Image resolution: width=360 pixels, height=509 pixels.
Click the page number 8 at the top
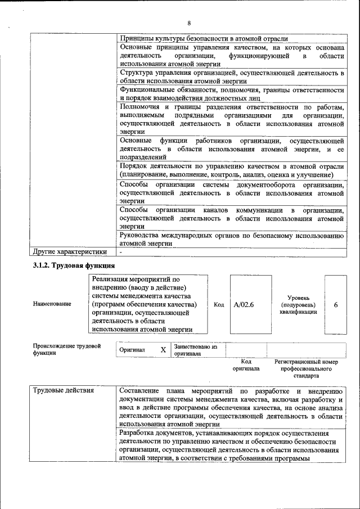click(x=189, y=23)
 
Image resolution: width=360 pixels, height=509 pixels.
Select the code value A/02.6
click(x=244, y=304)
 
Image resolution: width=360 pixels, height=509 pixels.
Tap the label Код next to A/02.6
click(x=219, y=304)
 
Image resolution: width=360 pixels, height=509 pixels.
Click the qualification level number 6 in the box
click(x=336, y=304)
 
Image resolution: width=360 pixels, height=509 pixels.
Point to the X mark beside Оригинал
click(x=163, y=350)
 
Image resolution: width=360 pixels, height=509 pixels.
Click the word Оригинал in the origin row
click(x=132, y=350)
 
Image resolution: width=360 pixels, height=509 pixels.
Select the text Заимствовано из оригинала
click(x=195, y=350)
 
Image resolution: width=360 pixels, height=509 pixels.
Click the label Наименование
click(x=52, y=304)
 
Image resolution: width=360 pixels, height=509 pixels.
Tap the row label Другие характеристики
click(x=69, y=251)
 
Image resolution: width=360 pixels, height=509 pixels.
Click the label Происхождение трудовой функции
click(x=66, y=349)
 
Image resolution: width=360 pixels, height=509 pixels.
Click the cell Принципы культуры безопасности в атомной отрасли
click(x=204, y=38)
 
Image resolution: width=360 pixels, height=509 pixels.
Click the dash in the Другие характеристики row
click(x=121, y=251)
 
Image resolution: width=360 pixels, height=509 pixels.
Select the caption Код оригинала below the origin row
click(x=246, y=365)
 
